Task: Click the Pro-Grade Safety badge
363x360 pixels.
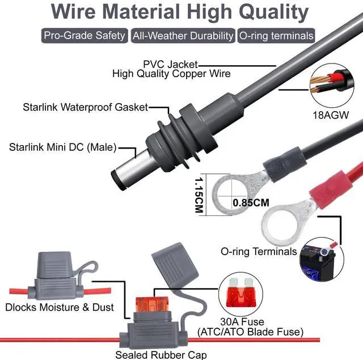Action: pos(85,36)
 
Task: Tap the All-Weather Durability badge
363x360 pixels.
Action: pos(183,36)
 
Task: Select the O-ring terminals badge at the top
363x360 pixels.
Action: pos(276,36)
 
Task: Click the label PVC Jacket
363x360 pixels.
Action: pos(170,64)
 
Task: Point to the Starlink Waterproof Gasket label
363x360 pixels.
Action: pos(86,107)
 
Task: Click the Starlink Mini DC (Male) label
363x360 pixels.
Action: pos(63,147)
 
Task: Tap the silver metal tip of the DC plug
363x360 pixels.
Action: pos(130,170)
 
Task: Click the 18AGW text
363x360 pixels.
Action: pos(331,115)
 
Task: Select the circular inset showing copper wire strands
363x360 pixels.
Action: pos(332,86)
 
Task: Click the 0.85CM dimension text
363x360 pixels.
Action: pos(251,202)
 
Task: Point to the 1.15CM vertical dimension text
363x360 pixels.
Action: pos(199,195)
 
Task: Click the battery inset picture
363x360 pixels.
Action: pos(322,259)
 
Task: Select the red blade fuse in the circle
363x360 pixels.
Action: pos(240,293)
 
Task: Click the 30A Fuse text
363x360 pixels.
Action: pos(242,321)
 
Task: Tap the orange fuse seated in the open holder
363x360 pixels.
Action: pos(151,304)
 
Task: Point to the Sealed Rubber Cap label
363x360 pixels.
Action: pos(161,355)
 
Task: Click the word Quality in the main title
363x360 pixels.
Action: pos(273,12)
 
